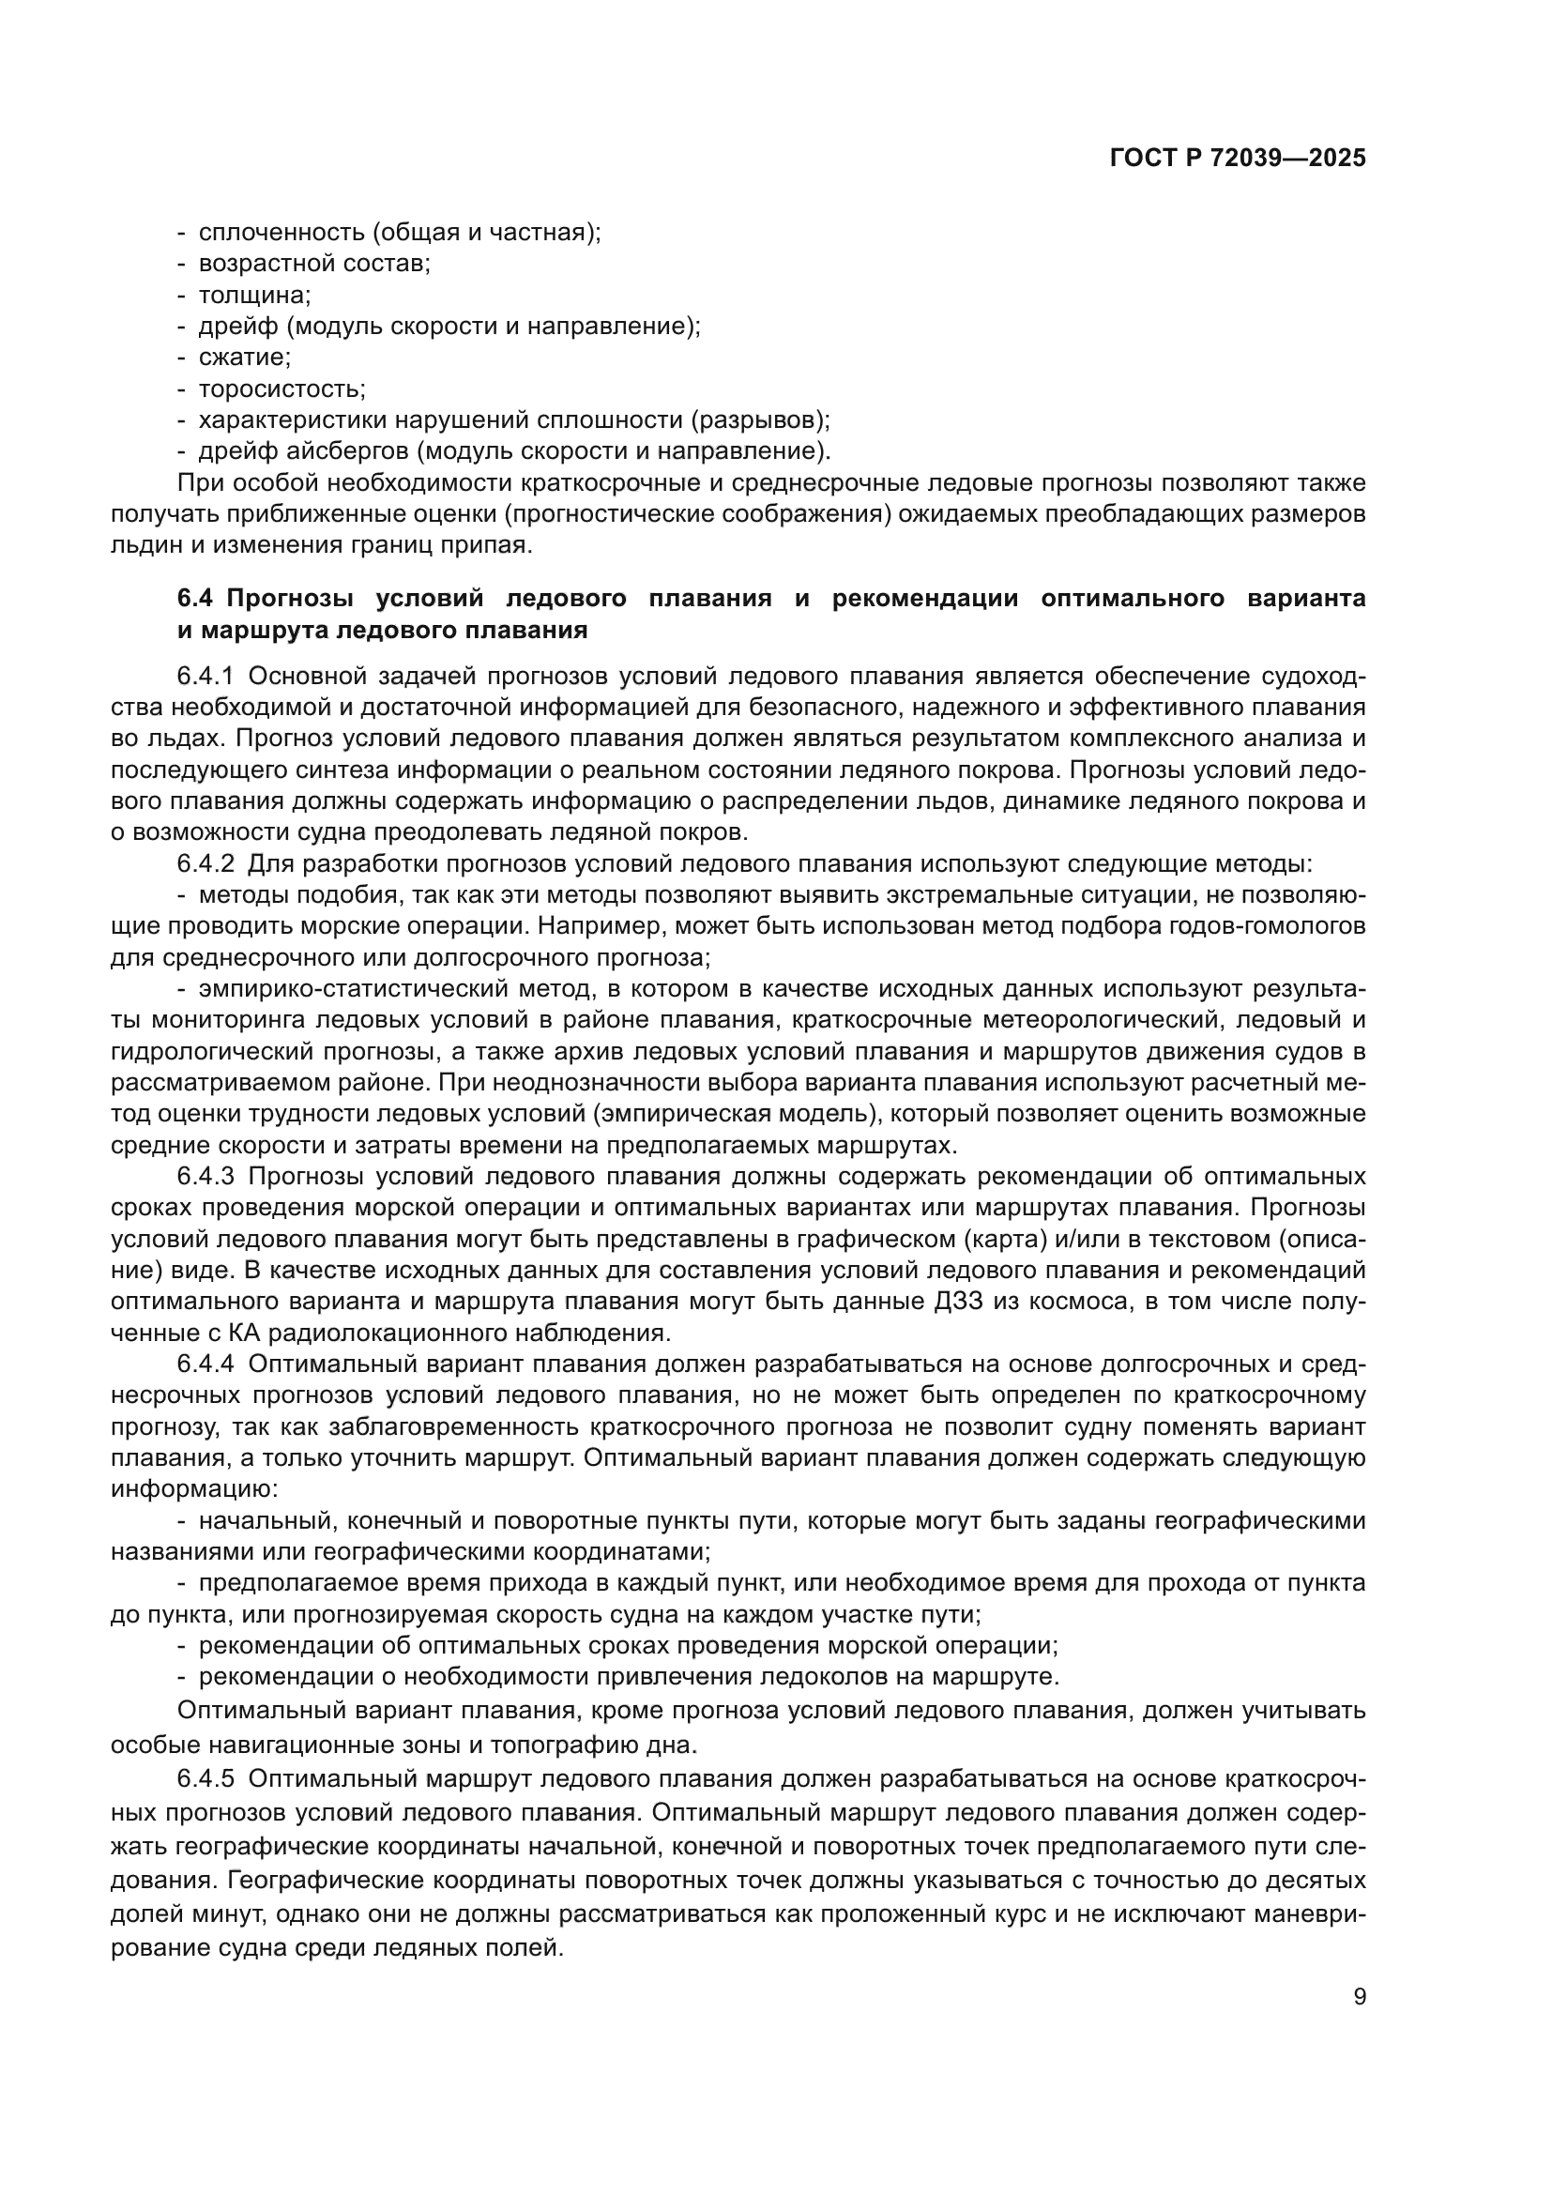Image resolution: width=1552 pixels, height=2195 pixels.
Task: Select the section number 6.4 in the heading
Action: [197, 599]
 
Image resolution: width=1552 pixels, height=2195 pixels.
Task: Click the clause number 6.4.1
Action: [205, 677]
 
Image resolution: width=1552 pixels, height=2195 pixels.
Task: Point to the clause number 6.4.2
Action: [205, 864]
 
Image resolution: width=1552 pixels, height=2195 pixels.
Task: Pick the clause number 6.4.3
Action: [205, 1176]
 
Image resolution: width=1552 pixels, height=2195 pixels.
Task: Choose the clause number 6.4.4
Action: [205, 1364]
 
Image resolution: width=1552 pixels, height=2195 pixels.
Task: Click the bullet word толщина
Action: [254, 296]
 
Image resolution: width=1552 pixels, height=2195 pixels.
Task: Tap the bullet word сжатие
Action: [244, 358]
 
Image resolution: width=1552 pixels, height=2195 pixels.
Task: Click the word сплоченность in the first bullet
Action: [281, 233]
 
